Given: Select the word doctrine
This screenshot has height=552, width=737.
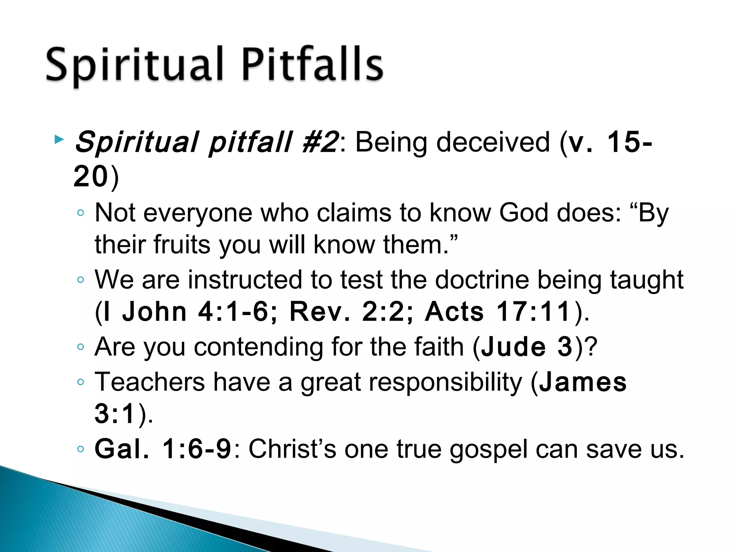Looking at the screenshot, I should click(481, 280).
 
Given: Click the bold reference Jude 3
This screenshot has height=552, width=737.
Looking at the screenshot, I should click(526, 347).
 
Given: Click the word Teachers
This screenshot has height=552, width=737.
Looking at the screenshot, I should click(149, 382).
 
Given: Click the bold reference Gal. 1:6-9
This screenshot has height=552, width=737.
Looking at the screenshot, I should click(163, 449).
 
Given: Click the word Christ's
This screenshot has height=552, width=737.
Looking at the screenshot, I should click(292, 449).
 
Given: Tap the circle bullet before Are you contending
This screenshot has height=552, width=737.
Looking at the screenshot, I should click(81, 347).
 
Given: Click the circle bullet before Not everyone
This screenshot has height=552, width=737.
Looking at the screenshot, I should click(81, 213).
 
